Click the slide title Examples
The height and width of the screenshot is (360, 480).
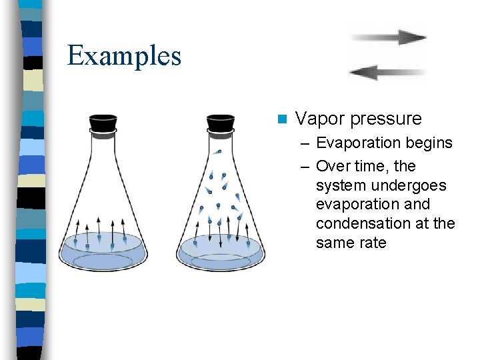point(124,56)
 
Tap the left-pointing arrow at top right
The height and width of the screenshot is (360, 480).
point(387,71)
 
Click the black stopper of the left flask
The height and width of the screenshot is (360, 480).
point(103,123)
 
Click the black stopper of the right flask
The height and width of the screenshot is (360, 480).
point(220,123)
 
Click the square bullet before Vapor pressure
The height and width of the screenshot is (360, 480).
point(283,119)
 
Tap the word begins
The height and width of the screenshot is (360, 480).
point(430,143)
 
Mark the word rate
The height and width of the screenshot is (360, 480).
point(373,243)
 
